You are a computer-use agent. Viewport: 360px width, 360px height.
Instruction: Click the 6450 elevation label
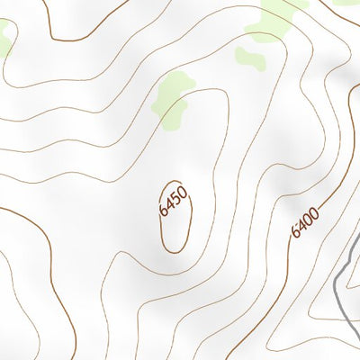[172, 200]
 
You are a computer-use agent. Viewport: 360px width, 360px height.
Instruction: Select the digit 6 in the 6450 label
[165, 211]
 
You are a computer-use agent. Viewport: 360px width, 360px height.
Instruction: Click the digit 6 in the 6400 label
[296, 232]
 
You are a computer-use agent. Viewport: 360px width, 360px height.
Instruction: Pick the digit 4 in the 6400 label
[301, 226]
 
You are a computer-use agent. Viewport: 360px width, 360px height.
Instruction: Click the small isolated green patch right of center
[250, 58]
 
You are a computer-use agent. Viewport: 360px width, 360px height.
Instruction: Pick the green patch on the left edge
[4, 38]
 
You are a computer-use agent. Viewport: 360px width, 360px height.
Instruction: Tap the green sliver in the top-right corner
[346, 3]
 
